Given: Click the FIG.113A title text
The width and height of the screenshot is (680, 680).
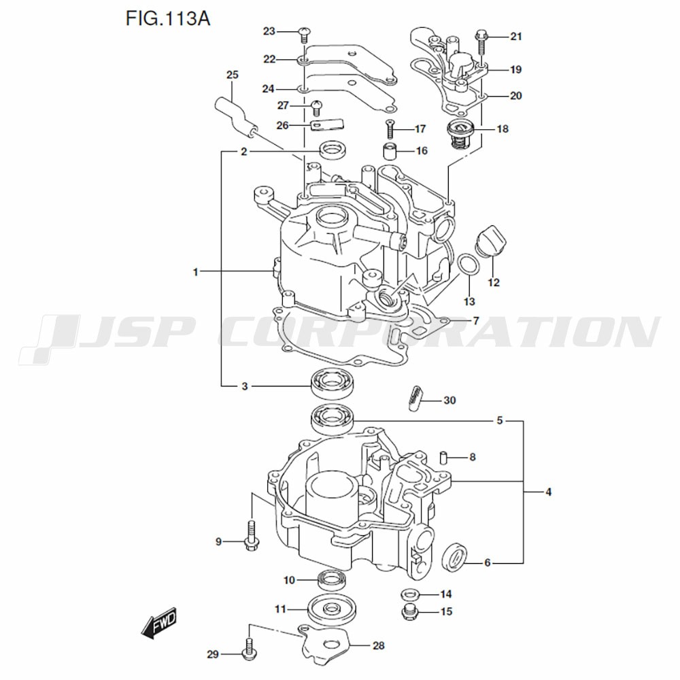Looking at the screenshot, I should pyautogui.click(x=167, y=18).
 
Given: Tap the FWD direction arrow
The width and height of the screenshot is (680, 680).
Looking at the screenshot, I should pyautogui.click(x=159, y=623).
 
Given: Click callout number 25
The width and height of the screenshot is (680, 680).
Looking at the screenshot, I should pyautogui.click(x=233, y=75).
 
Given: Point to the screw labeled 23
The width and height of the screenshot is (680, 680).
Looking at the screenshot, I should pyautogui.click(x=304, y=31).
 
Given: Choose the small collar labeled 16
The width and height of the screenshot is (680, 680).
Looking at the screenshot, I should pyautogui.click(x=388, y=150).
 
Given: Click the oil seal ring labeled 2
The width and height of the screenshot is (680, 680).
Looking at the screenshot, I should pyautogui.click(x=333, y=149).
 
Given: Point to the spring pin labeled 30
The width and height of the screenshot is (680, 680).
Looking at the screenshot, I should pyautogui.click(x=415, y=396).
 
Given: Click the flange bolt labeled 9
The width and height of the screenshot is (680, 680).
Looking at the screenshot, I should pyautogui.click(x=250, y=534).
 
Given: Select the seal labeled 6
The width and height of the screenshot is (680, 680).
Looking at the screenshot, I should pyautogui.click(x=454, y=556).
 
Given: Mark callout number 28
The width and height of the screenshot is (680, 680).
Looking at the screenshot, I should pyautogui.click(x=379, y=645).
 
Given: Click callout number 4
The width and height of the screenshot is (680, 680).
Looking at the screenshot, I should pyautogui.click(x=548, y=492).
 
